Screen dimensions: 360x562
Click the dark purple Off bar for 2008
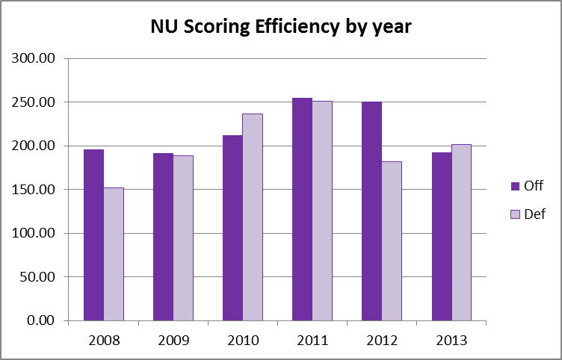click(93, 235)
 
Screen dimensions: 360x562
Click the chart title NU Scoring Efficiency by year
click(280, 28)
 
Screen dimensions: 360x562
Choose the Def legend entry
click(528, 214)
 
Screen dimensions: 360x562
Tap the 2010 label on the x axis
click(243, 340)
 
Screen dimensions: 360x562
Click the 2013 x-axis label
click(451, 340)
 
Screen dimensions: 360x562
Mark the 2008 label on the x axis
click(103, 340)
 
